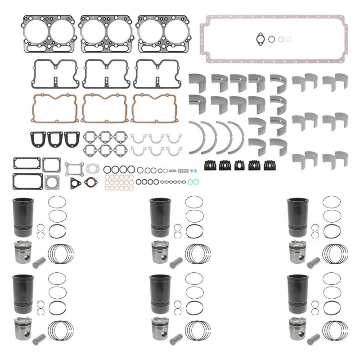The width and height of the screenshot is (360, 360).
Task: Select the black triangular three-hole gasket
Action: (75, 183)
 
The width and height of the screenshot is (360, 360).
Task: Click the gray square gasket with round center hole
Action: (53, 182)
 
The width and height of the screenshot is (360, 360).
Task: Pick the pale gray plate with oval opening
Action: (93, 168)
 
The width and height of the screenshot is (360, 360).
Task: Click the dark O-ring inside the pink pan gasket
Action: (272, 39)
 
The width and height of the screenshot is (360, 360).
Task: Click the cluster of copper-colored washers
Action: (119, 180)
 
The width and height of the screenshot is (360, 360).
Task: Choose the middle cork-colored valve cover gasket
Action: (104, 108)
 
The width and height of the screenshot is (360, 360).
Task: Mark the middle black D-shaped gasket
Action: (55, 139)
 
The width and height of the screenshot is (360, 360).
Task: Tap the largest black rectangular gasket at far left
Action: (21, 182)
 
